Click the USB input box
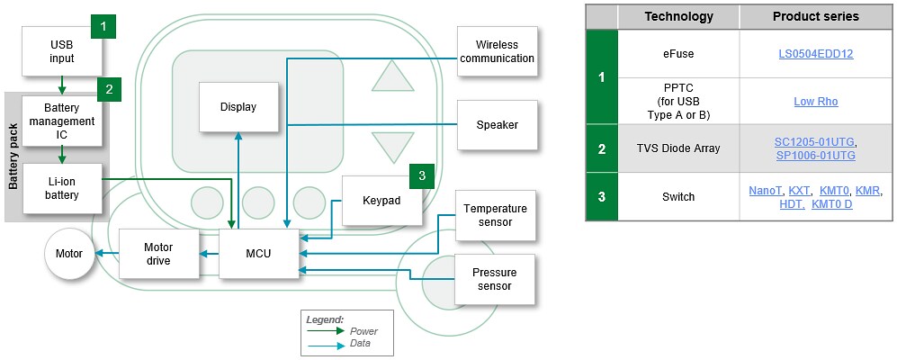pos(62,51)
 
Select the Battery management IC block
pos(62,121)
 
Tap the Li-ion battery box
pos(62,188)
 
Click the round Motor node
pos(69,254)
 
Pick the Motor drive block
pos(158,254)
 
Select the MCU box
pos(258,254)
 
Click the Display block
pos(238,107)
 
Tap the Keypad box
pos(381,200)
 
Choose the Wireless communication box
pos(497,51)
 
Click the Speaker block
pos(497,125)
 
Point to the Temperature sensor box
pos(495,215)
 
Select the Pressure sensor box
pos(495,279)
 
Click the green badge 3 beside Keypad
pos(421,175)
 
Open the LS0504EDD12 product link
pos(815,53)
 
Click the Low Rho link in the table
pos(815,101)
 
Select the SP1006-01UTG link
pos(815,156)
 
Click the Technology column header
pos(678,16)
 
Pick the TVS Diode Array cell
pos(678,148)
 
